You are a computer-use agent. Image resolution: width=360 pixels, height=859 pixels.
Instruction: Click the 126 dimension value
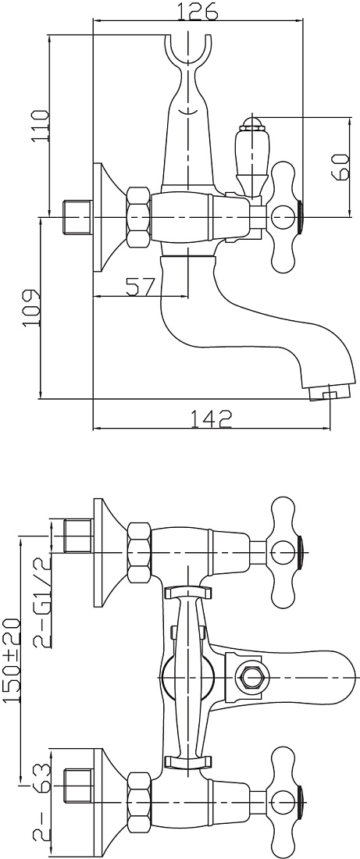tap(198, 10)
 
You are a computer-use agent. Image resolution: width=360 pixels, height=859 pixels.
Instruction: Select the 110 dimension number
tap(40, 125)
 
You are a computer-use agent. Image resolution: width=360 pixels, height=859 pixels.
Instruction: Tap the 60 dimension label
tap(340, 166)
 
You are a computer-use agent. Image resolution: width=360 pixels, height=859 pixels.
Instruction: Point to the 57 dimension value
tap(141, 286)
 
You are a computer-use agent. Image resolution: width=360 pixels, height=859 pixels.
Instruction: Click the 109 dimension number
tap(32, 308)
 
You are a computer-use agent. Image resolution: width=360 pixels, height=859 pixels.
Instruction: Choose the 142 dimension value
tap(211, 419)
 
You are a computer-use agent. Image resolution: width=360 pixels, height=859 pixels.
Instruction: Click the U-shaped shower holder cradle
tap(187, 55)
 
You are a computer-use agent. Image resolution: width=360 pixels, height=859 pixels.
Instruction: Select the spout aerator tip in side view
tap(328, 392)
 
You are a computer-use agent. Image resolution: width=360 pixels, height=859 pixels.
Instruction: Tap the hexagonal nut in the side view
tap(139, 217)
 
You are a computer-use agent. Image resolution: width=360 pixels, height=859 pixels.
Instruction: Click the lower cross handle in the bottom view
tap(286, 803)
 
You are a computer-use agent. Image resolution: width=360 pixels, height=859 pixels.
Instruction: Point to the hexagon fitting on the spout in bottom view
tap(252, 678)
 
